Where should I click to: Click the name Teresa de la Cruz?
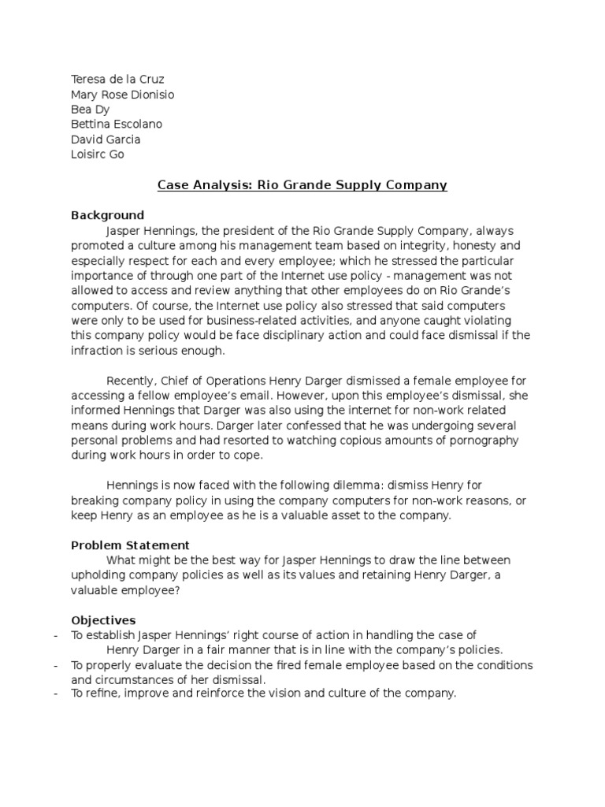pyautogui.click(x=117, y=80)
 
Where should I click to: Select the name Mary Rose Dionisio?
pyautogui.click(x=122, y=95)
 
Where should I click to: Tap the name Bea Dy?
pyautogui.click(x=90, y=110)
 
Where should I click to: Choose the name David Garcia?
pyautogui.click(x=106, y=139)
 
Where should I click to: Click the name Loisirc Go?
pyautogui.click(x=98, y=154)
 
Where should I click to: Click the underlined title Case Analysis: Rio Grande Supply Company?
pyautogui.click(x=302, y=185)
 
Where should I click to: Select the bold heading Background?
pyautogui.click(x=107, y=215)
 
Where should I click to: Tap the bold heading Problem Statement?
pyautogui.click(x=130, y=545)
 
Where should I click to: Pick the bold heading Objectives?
pyautogui.click(x=103, y=620)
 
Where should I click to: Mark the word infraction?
pyautogui.click(x=98, y=351)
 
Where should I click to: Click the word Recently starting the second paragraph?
pyautogui.click(x=132, y=381)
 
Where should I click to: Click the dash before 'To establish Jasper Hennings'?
pyautogui.click(x=54, y=635)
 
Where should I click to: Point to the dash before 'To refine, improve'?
pyautogui.click(x=54, y=695)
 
